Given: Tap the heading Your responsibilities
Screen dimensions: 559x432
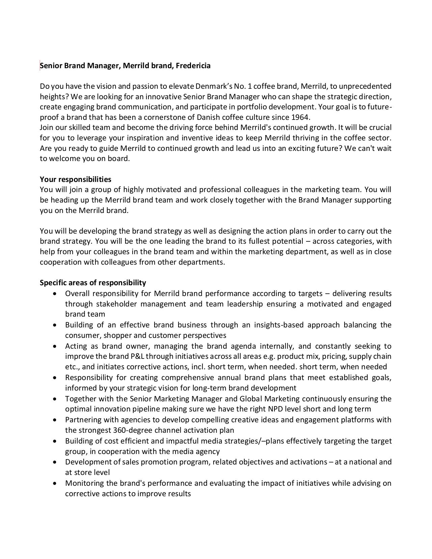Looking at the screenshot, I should click(x=76, y=179).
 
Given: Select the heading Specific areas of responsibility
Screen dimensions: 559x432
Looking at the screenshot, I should click(x=93, y=283).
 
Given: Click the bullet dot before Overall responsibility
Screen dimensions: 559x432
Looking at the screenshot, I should click(x=55, y=294).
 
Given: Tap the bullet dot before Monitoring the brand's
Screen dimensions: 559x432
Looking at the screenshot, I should click(x=55, y=483).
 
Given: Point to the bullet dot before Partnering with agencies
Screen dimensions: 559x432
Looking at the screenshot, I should click(x=55, y=420).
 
